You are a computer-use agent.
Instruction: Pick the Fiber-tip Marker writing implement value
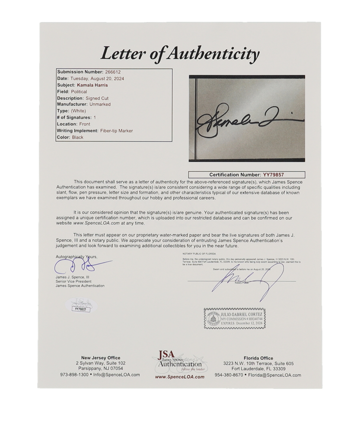click(111, 130)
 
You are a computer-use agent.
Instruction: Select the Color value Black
click(78, 137)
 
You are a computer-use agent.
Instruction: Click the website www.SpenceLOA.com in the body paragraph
click(96, 223)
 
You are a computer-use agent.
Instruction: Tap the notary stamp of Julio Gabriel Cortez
click(235, 319)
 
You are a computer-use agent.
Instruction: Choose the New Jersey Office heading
click(100, 358)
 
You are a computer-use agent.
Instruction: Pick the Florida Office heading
click(258, 358)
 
